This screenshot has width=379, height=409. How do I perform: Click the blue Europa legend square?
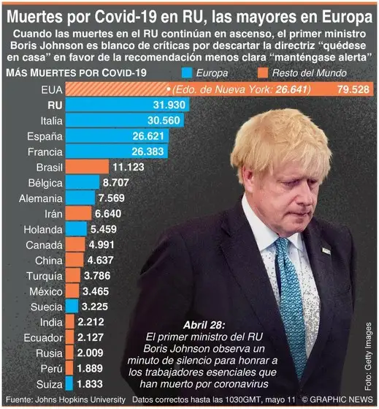point(188,72)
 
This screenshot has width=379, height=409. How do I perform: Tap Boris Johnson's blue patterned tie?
point(291,293)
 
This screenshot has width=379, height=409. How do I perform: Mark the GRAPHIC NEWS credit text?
point(339,401)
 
